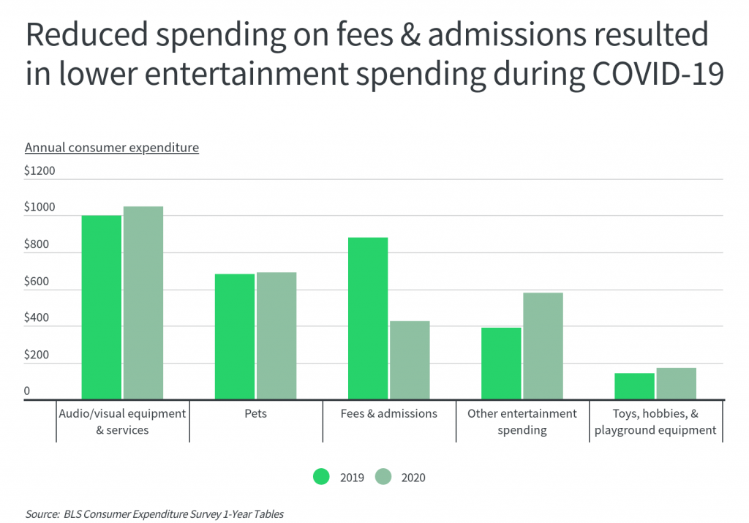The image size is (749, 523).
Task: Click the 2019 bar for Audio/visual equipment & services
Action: pyautogui.click(x=101, y=307)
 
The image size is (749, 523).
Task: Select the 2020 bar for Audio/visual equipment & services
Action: pyautogui.click(x=143, y=303)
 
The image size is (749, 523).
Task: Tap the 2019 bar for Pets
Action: pyautogui.click(x=235, y=336)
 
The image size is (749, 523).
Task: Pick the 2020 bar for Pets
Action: pyautogui.click(x=276, y=336)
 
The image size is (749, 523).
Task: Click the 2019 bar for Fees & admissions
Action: pyautogui.click(x=368, y=318)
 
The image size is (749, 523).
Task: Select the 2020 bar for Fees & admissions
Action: pyautogui.click(x=410, y=360)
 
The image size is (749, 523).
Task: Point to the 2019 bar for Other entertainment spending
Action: pyautogui.click(x=501, y=363)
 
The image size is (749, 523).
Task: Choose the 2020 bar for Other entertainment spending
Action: pyautogui.click(x=543, y=346)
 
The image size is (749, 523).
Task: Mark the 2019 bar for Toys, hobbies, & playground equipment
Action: pyautogui.click(x=634, y=386)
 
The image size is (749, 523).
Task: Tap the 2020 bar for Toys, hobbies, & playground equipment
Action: pyautogui.click(x=676, y=383)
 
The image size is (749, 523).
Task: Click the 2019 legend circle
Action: pyautogui.click(x=322, y=477)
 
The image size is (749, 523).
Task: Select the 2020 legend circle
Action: pyautogui.click(x=384, y=477)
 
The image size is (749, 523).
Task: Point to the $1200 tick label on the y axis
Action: pyautogui.click(x=39, y=171)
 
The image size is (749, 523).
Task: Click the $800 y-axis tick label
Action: pyautogui.click(x=37, y=244)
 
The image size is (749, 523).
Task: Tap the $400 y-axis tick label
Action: pyautogui.click(x=37, y=318)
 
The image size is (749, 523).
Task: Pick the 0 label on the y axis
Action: pyautogui.click(x=27, y=391)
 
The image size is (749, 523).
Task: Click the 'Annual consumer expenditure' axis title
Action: pyautogui.click(x=112, y=148)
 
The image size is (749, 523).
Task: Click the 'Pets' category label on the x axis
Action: pyautogui.click(x=256, y=414)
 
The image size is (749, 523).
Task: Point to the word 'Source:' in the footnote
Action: pyautogui.click(x=42, y=514)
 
